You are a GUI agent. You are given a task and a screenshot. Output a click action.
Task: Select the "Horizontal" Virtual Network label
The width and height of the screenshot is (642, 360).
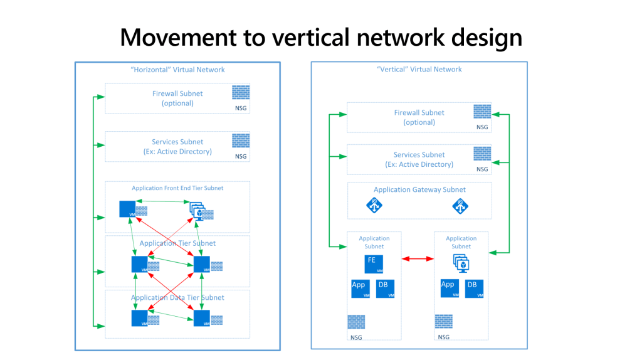click(177, 70)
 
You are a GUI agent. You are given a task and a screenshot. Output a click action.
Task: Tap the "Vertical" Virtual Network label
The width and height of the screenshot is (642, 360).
click(419, 70)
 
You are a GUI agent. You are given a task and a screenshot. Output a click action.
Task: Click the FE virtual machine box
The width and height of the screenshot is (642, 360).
click(374, 264)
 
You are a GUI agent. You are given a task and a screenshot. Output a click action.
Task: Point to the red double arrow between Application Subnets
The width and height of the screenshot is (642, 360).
click(418, 258)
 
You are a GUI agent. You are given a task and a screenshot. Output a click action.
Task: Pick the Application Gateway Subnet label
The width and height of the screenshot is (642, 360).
click(419, 190)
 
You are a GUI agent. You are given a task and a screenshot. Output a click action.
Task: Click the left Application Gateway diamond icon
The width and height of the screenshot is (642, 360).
click(375, 205)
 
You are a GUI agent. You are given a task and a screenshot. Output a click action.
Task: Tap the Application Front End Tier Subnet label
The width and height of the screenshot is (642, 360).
click(177, 188)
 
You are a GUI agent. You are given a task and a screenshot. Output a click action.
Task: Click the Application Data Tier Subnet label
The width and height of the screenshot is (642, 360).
click(177, 297)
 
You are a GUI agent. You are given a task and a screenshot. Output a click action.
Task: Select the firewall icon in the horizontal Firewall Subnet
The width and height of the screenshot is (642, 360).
click(241, 92)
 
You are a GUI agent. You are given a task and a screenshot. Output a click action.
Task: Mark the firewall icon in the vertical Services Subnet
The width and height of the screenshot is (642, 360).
click(482, 154)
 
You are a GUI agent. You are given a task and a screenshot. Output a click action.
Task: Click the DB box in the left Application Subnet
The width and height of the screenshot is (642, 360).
click(385, 289)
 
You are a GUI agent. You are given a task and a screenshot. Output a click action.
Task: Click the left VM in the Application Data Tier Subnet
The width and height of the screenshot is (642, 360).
click(139, 318)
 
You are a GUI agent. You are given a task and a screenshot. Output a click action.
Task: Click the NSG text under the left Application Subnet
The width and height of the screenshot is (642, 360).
click(355, 337)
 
